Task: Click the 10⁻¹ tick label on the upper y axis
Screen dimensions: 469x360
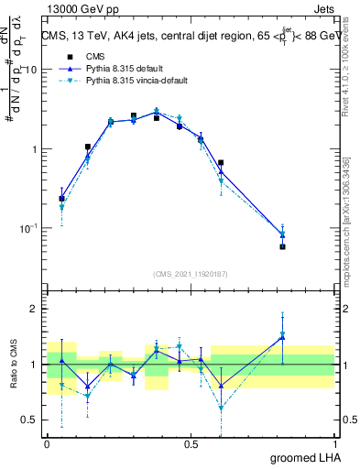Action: tap(29, 228)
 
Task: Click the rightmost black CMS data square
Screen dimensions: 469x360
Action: tap(283, 246)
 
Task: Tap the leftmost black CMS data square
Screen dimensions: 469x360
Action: tap(61, 198)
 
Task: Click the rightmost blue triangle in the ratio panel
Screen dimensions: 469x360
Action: tap(283, 338)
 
